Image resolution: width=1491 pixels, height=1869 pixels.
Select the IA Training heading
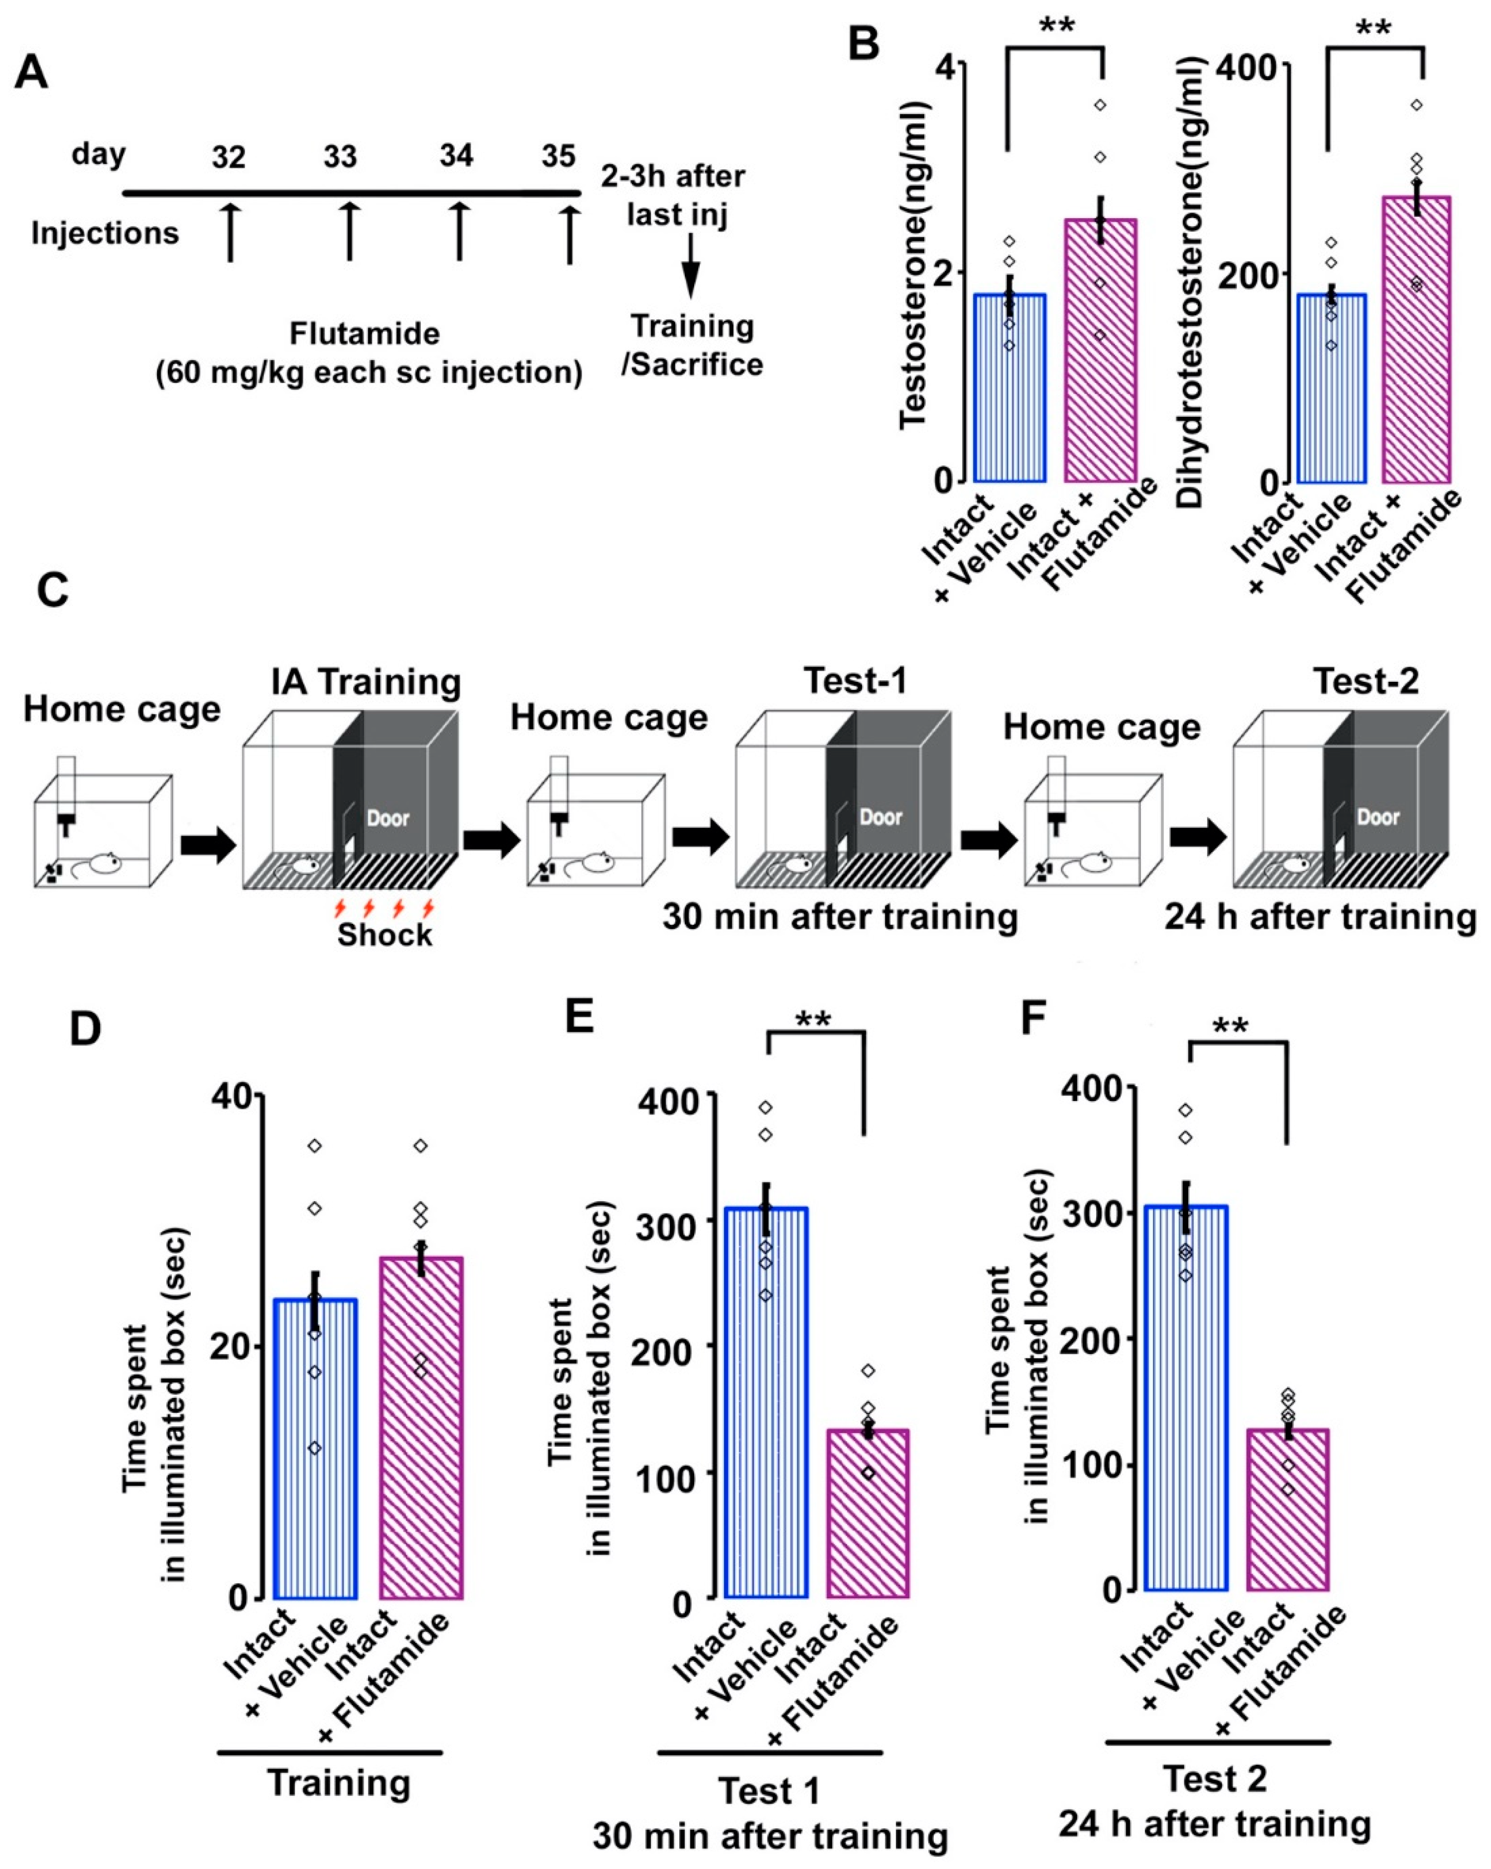pos(365,682)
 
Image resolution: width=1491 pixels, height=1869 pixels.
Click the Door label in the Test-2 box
pos(1377,817)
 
